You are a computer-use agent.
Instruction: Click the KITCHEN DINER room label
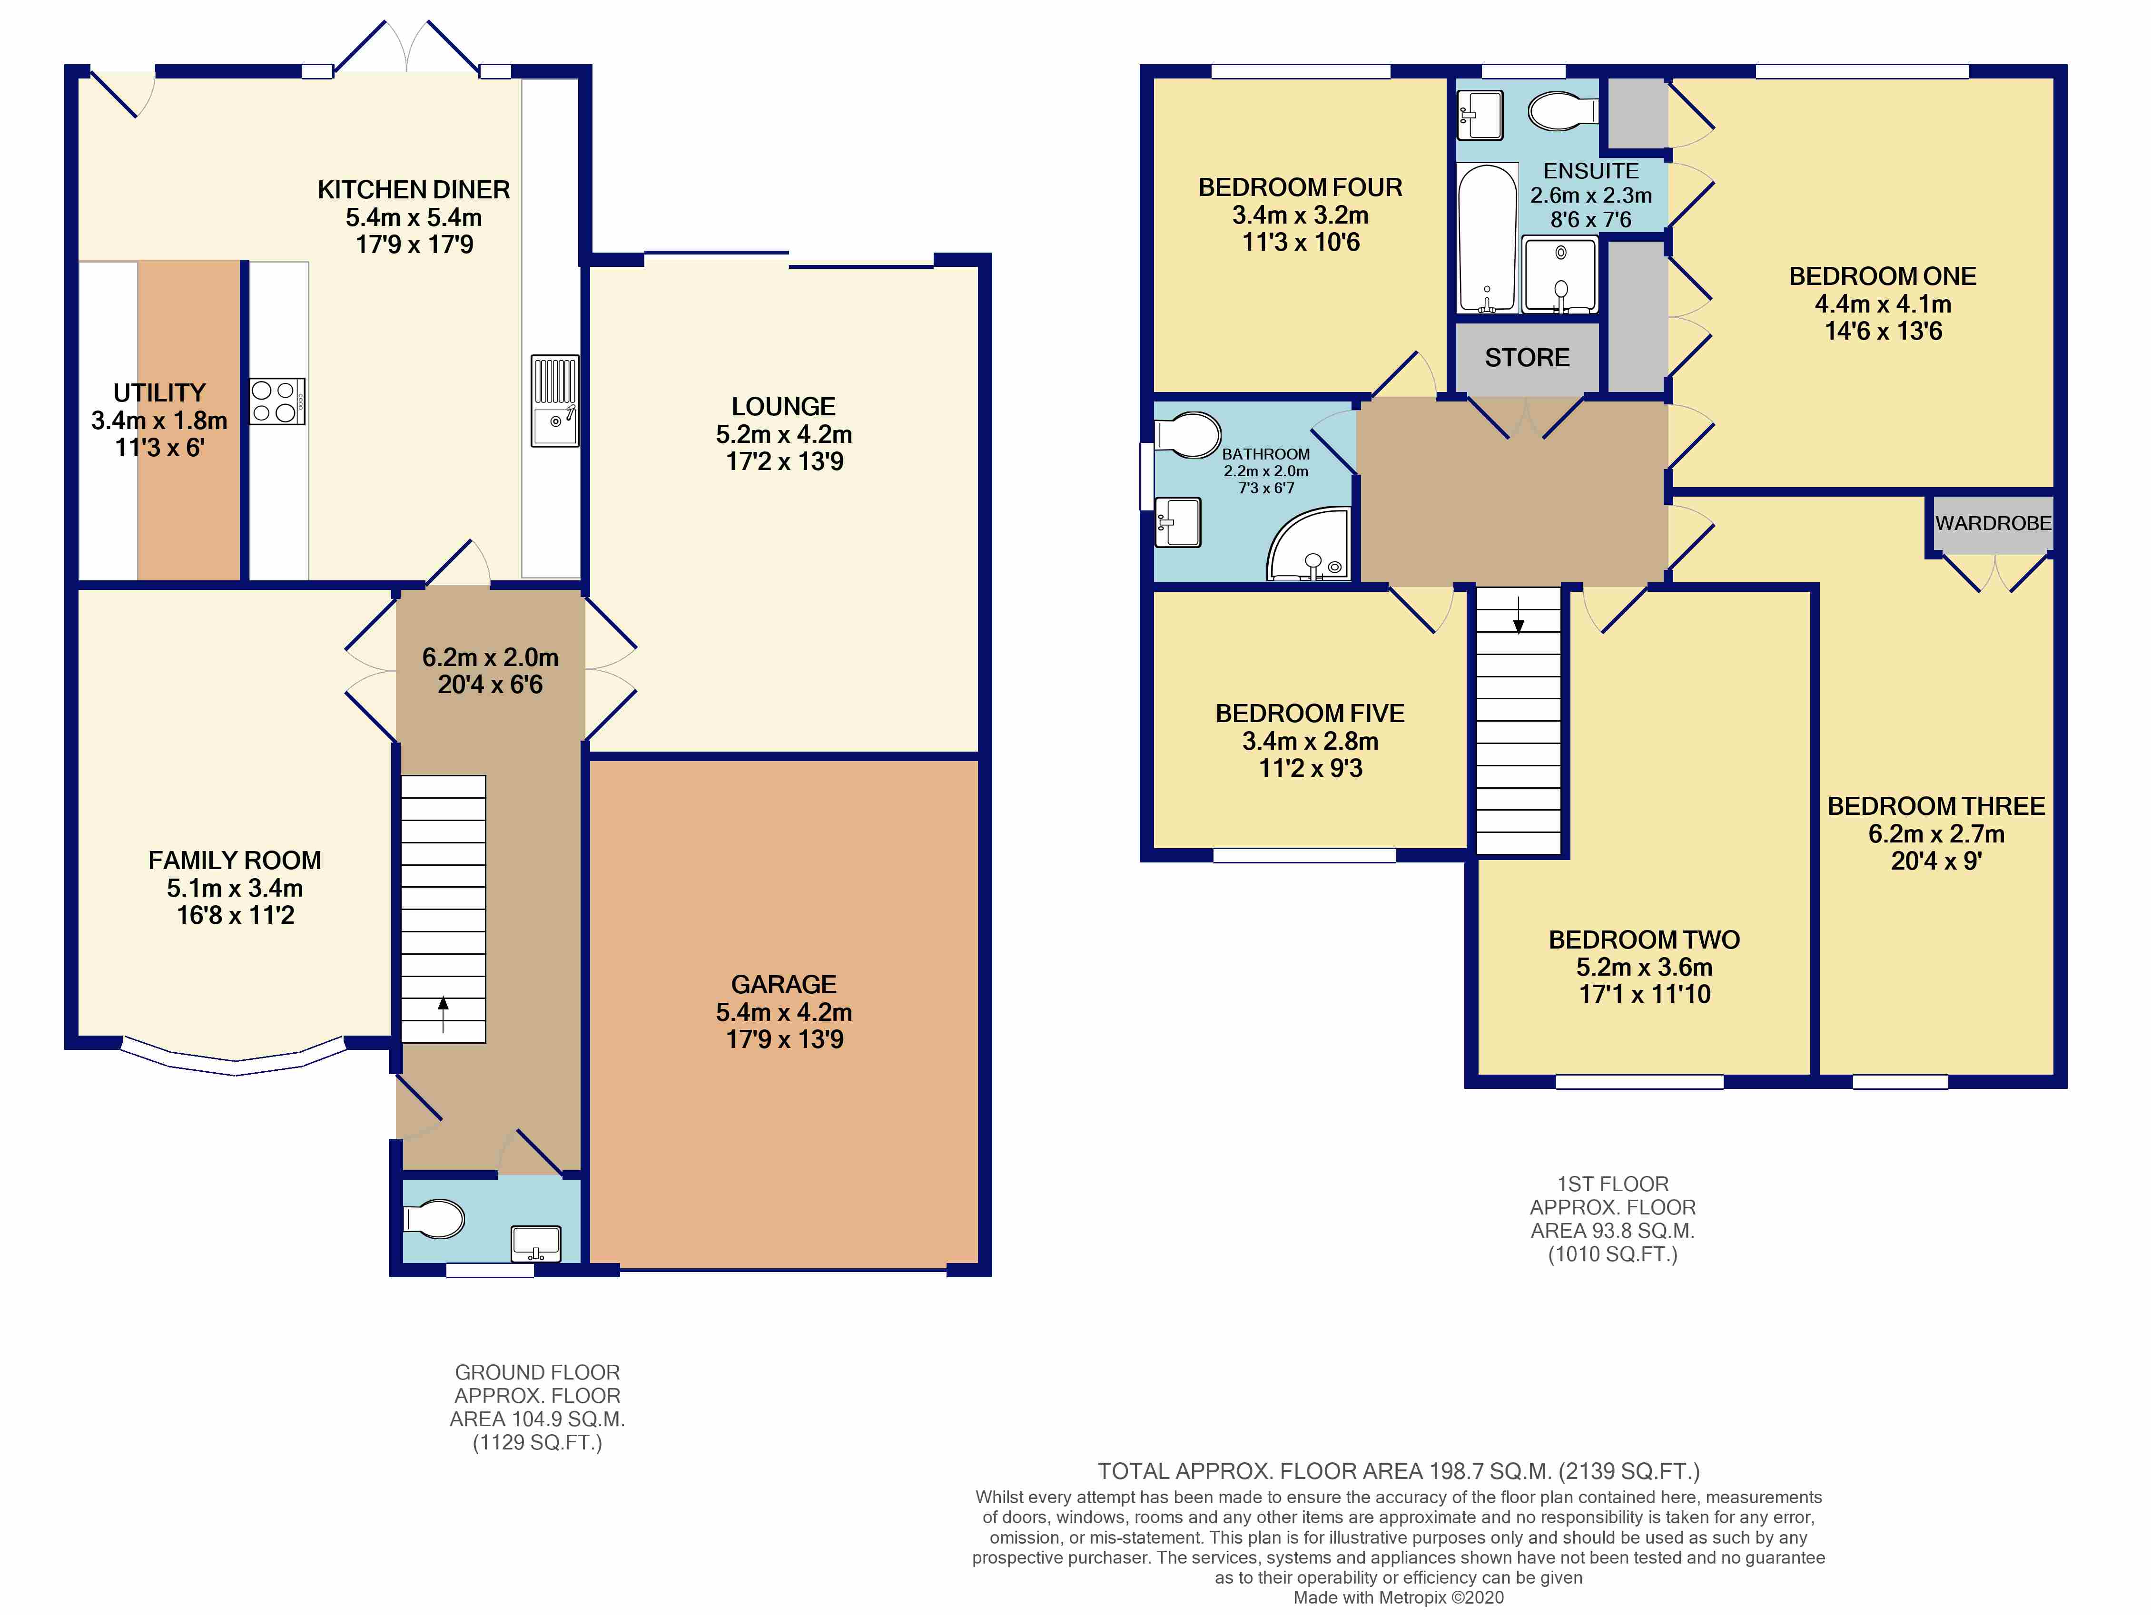pos(413,190)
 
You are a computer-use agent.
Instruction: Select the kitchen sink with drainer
pos(554,401)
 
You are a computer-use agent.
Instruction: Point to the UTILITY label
pos(159,393)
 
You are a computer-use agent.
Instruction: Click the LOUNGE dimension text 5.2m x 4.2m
pos(784,435)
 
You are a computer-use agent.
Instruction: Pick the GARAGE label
pos(784,985)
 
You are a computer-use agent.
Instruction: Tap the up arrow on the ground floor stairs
pos(444,1014)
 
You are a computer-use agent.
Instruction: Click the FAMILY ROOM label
pos(234,861)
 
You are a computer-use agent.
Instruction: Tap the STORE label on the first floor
pos(1527,358)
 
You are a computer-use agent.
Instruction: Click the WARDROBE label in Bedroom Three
pos(1993,523)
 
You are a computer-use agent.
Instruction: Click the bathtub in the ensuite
pos(1487,238)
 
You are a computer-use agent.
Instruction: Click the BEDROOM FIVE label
pos(1310,714)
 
